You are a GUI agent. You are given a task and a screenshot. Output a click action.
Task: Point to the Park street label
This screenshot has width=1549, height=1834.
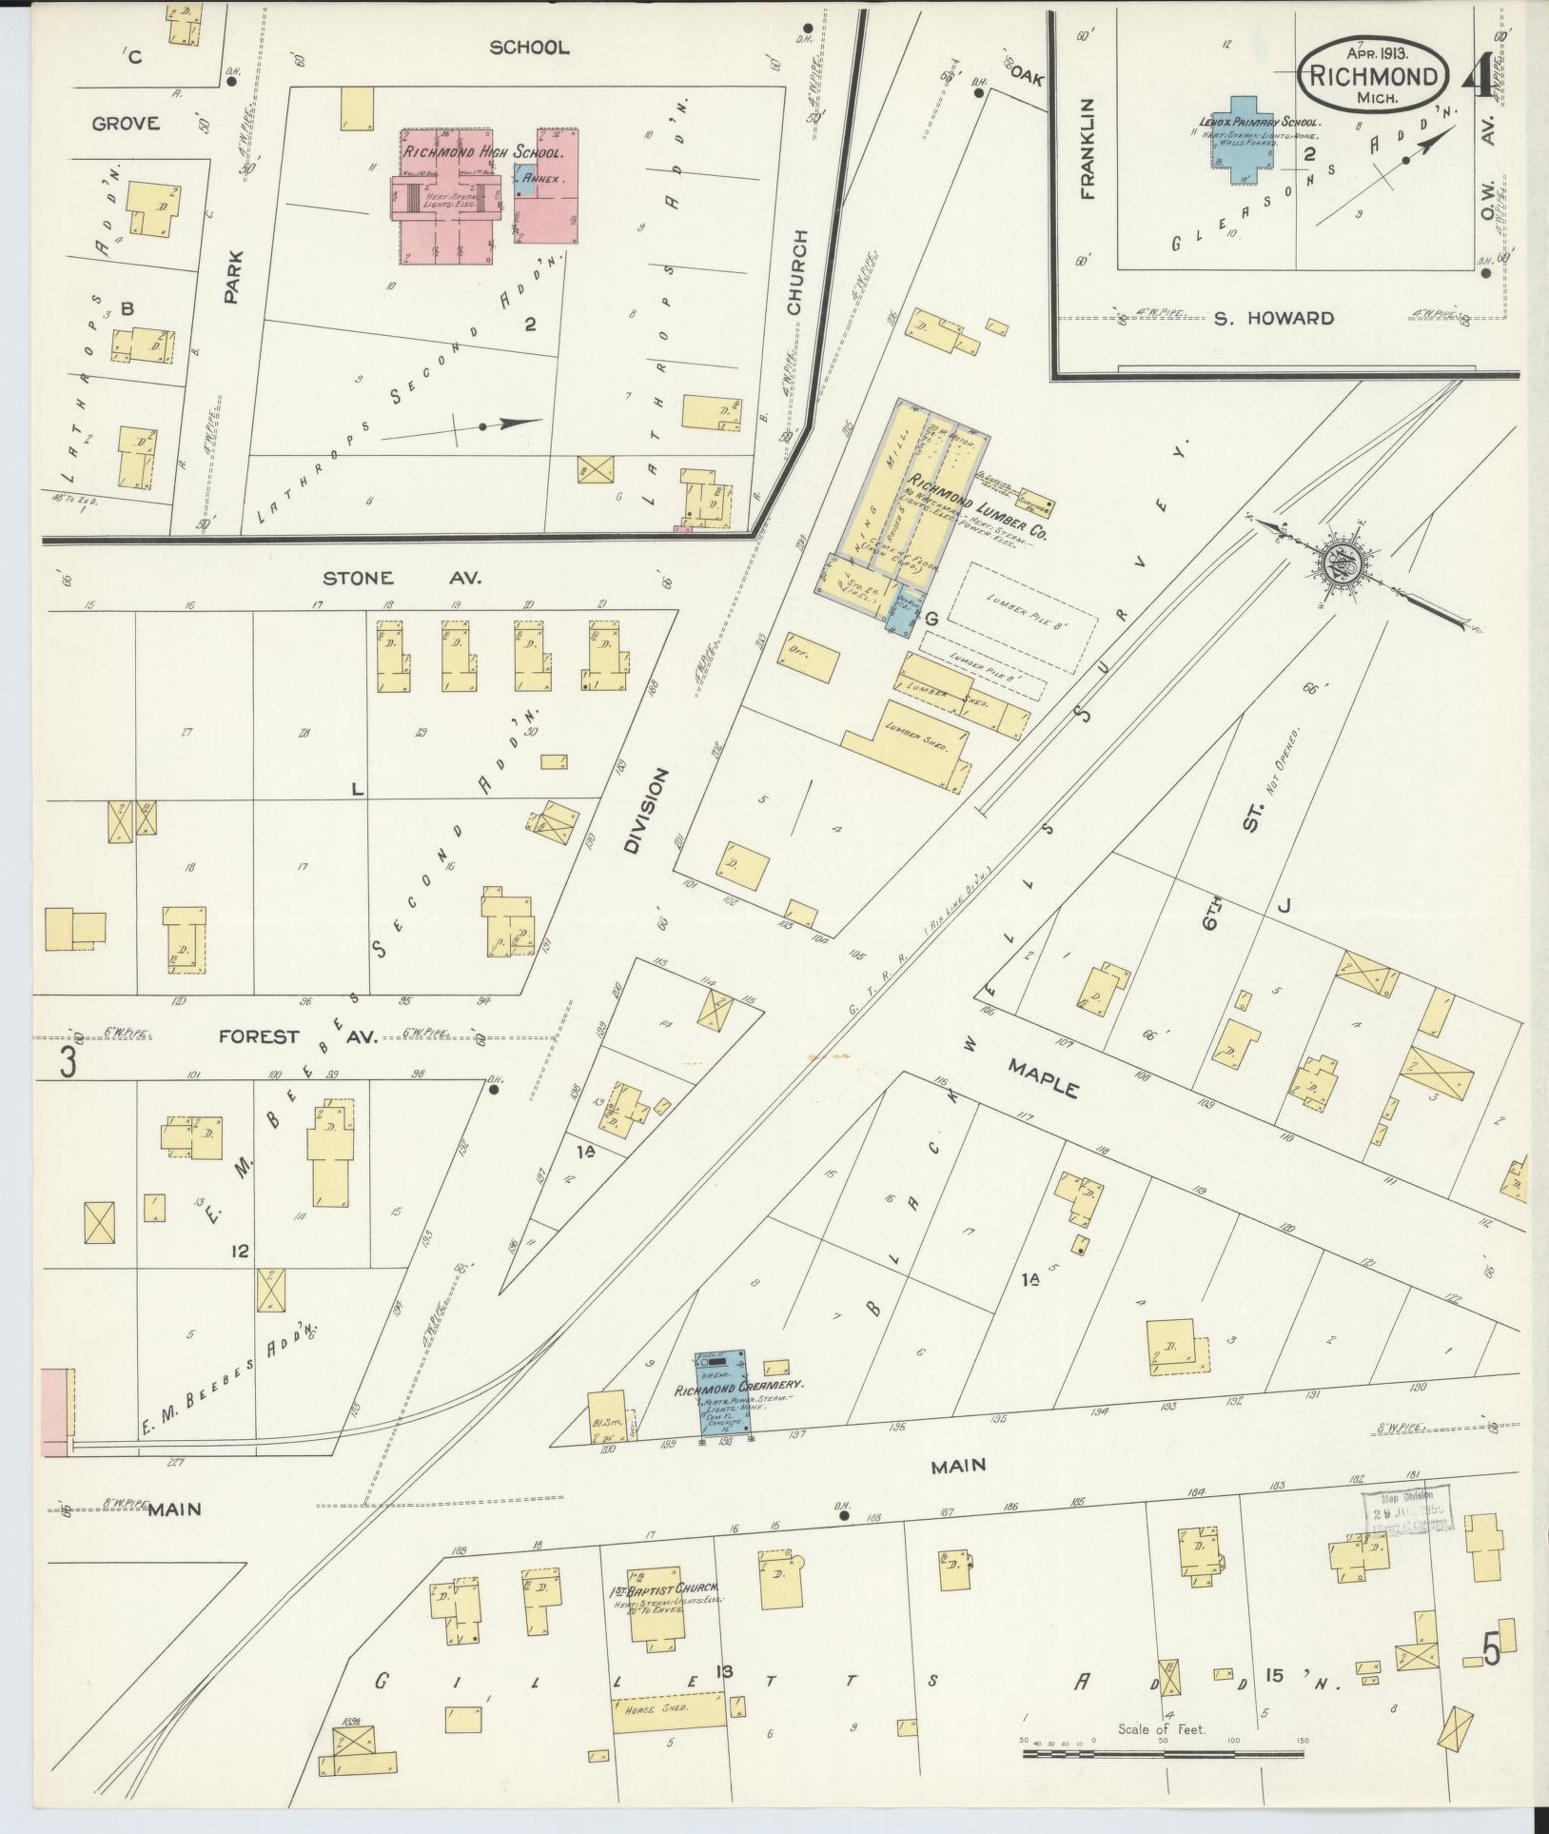pos(234,277)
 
